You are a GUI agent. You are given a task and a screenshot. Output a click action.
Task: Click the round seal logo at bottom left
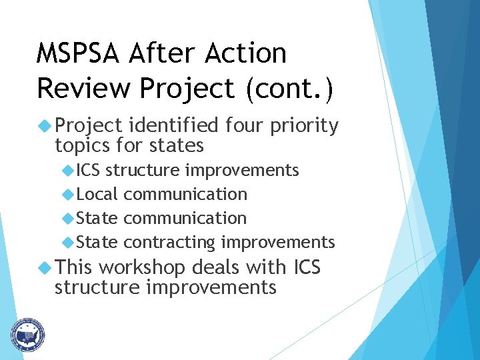(x=27, y=334)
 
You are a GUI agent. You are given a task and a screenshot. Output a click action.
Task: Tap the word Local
(x=97, y=194)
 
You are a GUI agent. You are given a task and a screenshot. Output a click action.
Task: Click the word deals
(x=215, y=268)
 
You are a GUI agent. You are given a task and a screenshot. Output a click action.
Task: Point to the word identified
(x=173, y=125)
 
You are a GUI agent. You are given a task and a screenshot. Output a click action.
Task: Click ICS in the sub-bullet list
(x=88, y=170)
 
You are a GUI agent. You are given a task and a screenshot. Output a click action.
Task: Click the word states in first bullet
(x=179, y=145)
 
